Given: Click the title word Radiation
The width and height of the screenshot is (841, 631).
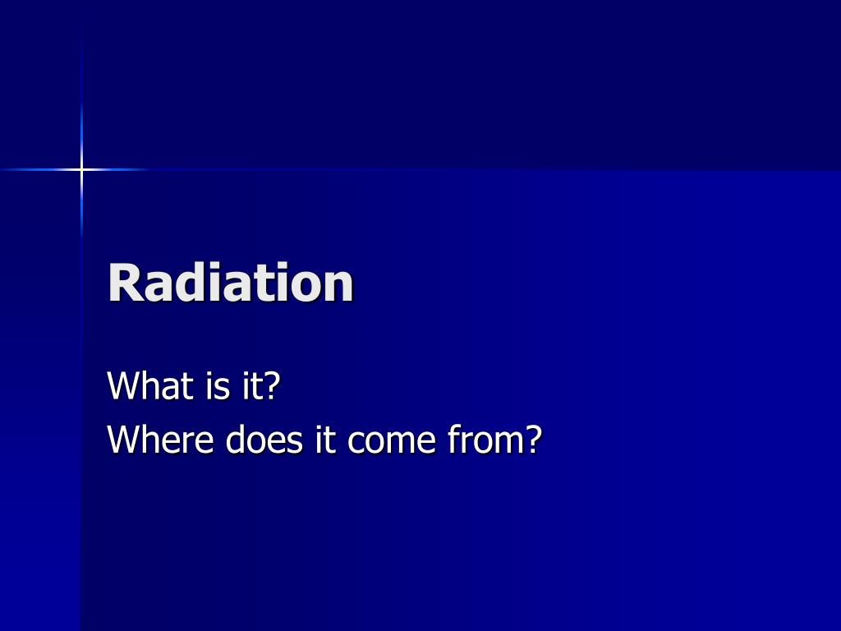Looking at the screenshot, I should point(231,283).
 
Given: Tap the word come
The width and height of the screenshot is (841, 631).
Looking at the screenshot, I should point(392,442).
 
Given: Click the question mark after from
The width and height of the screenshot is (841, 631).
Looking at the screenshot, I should point(533,440).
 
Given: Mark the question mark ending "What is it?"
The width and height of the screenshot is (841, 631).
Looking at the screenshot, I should point(272,385).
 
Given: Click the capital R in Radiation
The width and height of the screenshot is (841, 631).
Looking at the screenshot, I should point(126,283).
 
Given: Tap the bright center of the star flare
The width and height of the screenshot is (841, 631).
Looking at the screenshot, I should point(81,170).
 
